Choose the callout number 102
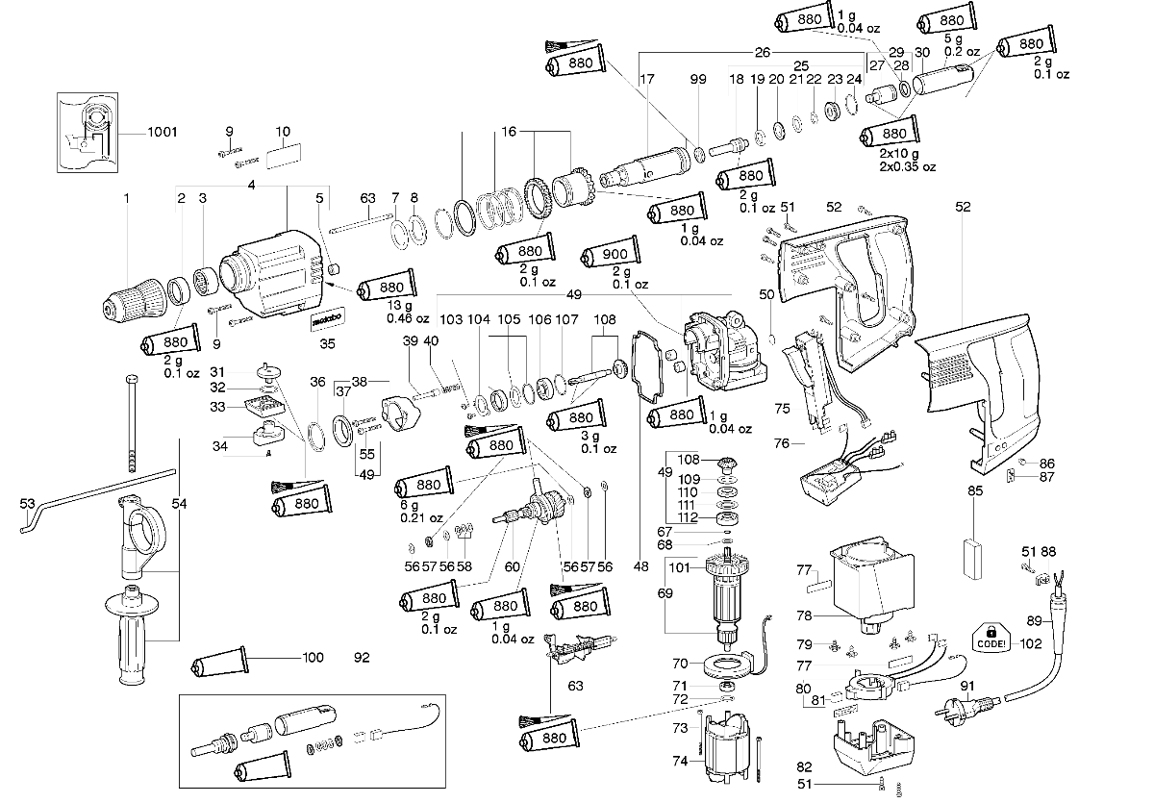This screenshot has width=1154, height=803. (x=1031, y=644)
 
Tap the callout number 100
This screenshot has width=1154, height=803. (x=314, y=658)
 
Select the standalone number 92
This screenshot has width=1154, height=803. (x=362, y=659)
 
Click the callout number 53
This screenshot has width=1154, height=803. (x=27, y=503)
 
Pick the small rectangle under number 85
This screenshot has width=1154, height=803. (x=975, y=558)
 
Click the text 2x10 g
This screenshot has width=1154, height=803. (x=899, y=154)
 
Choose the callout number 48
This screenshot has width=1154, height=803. (x=641, y=567)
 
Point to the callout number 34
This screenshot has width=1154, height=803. (x=220, y=445)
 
